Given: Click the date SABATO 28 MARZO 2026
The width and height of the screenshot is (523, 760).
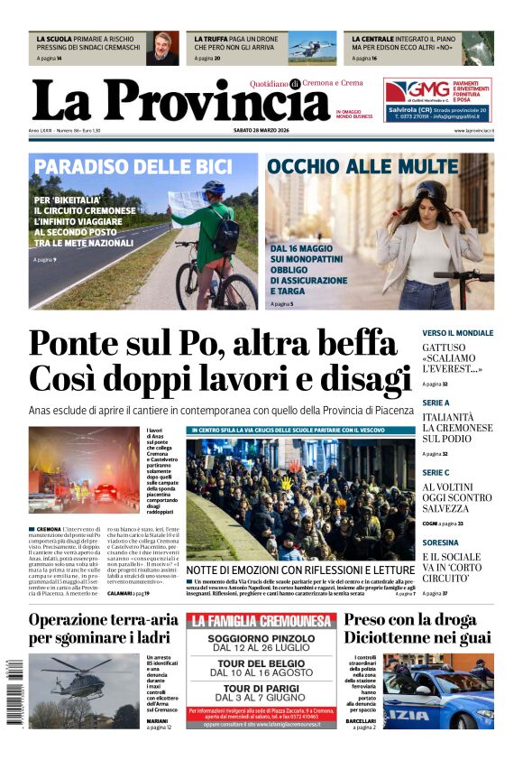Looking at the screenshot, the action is point(261,131).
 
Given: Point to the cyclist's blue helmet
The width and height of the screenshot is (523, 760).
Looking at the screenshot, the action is point(214,188).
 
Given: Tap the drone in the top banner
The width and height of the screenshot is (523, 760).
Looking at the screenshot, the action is point(311,46).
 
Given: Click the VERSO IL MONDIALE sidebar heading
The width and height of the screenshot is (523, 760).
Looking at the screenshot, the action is point(457,333).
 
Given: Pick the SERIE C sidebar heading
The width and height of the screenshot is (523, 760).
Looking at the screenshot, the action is point(436,472).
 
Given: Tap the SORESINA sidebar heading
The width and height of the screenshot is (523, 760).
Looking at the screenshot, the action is point(441,542).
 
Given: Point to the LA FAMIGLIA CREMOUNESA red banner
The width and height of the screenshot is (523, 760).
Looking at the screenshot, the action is point(262,621).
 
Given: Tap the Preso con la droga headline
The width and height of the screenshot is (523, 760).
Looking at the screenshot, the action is point(410,620).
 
